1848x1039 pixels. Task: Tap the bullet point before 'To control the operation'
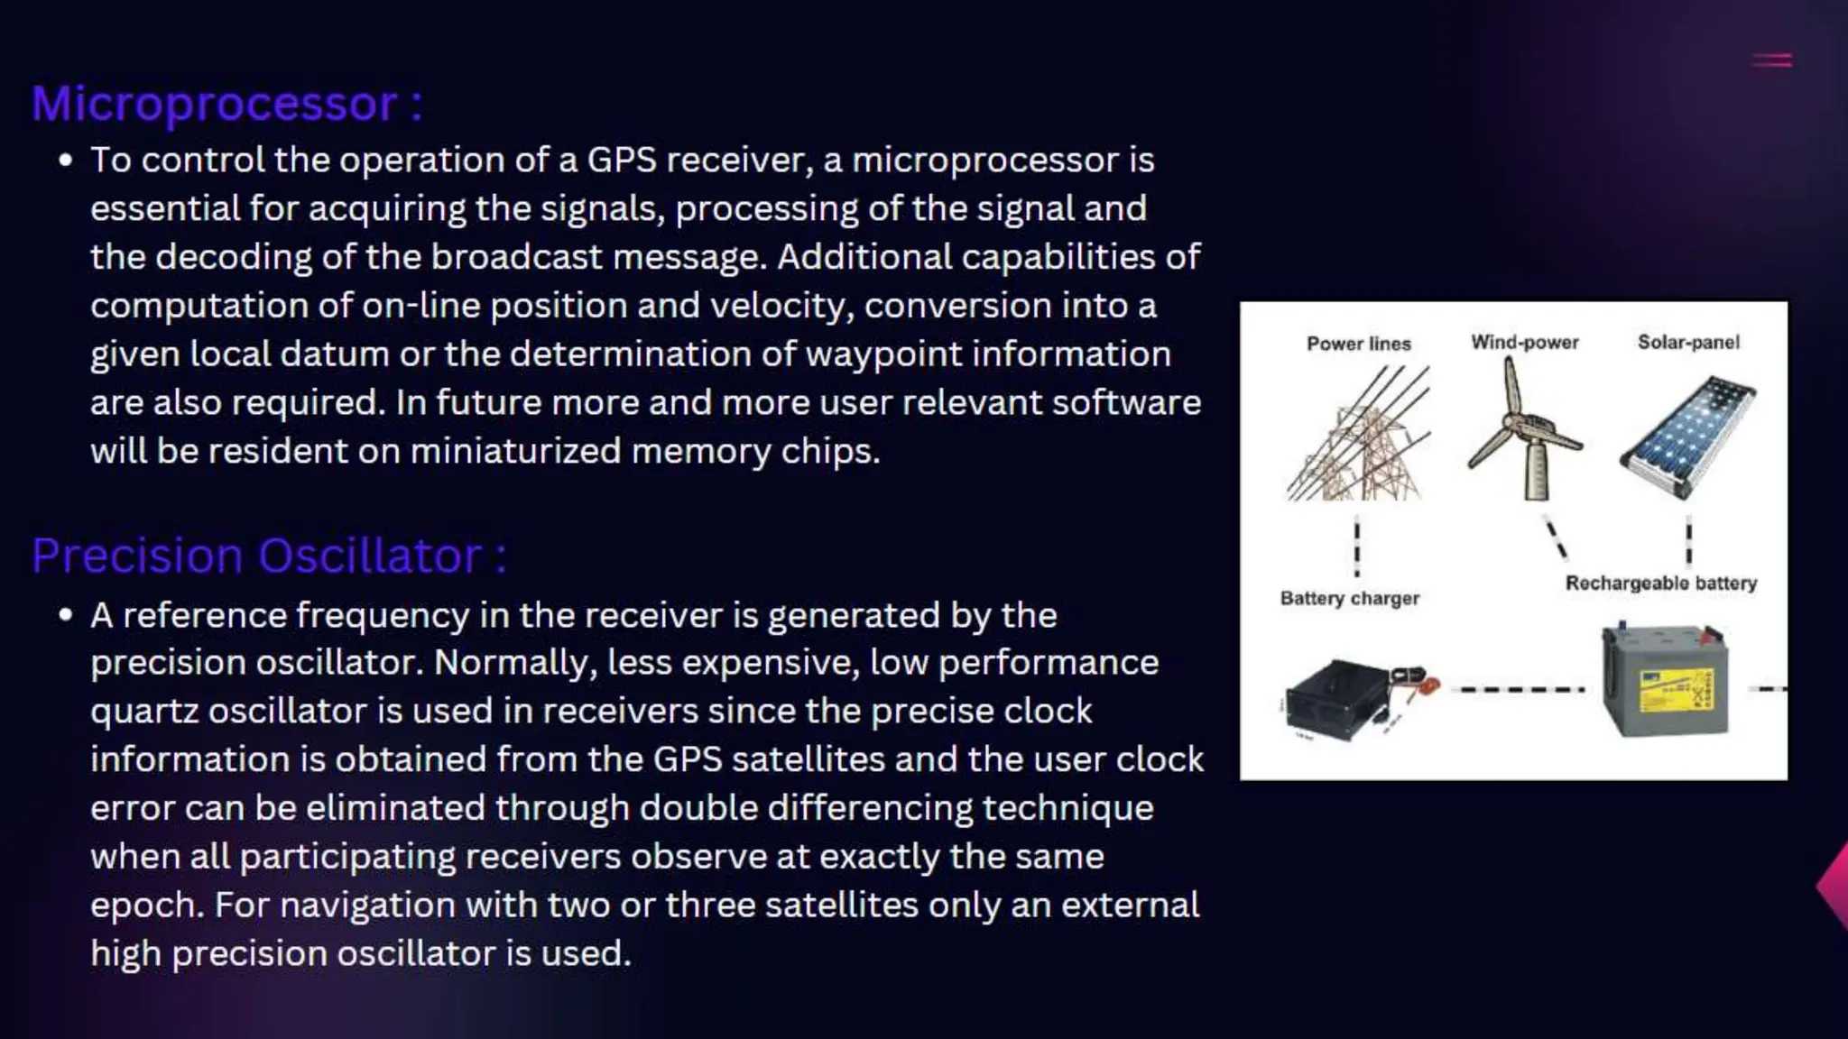pyautogui.click(x=65, y=161)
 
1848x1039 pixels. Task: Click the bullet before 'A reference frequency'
pyautogui.click(x=65, y=615)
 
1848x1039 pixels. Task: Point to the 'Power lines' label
pyautogui.click(x=1358, y=344)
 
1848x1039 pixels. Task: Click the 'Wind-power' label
pyautogui.click(x=1525, y=343)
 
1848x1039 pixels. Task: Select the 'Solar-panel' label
pyautogui.click(x=1688, y=343)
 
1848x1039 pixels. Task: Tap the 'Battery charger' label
pyautogui.click(x=1349, y=598)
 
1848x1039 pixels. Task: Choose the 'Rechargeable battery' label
pyautogui.click(x=1661, y=583)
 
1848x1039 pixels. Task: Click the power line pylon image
pyautogui.click(x=1358, y=436)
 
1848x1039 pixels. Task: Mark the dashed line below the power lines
pyautogui.click(x=1357, y=546)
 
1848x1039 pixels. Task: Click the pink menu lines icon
pyautogui.click(x=1771, y=60)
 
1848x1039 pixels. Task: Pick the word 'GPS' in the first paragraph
pyautogui.click(x=622, y=161)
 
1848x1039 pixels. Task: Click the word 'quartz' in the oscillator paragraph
pyautogui.click(x=143, y=712)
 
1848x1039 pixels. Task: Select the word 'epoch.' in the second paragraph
pyautogui.click(x=147, y=906)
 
